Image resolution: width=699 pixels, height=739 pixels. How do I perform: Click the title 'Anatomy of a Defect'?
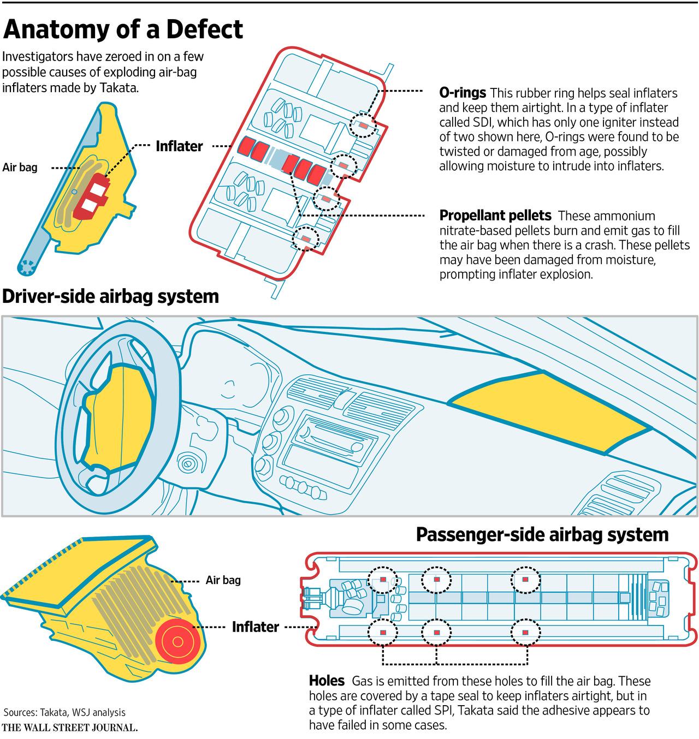tap(123, 29)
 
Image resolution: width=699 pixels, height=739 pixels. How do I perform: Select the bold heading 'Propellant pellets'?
tap(495, 215)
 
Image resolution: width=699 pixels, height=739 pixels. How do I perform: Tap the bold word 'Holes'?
tap(327, 681)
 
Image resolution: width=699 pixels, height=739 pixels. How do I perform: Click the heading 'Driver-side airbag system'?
tap(111, 296)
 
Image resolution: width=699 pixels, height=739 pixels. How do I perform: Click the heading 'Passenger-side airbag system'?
tap(542, 534)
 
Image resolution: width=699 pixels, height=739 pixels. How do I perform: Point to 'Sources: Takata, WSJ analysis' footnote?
tap(64, 712)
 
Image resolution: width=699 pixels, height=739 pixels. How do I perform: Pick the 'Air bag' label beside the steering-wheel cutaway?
tap(20, 167)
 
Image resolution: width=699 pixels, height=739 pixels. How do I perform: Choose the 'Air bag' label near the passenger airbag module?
tap(223, 580)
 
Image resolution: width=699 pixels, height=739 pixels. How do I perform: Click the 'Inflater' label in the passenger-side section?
tap(255, 627)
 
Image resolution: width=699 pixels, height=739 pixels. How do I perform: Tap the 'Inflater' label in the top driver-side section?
tap(179, 146)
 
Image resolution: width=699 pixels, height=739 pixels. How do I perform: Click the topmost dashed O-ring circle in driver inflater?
tap(363, 126)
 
